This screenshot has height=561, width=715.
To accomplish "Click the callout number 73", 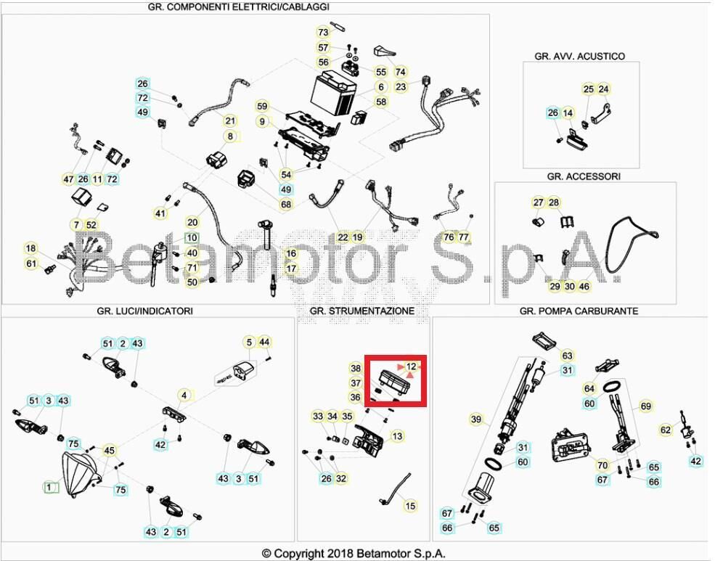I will pos(323,32).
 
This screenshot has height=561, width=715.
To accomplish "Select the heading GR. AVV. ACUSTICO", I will pos(579,56).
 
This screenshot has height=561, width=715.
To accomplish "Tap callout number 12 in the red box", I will pos(411,367).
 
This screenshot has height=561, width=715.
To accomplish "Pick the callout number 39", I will pos(476,419).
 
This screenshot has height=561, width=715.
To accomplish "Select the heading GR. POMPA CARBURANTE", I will pos(579,311).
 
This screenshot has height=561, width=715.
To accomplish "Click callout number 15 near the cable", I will pos(410,506).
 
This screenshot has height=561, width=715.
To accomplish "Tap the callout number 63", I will pos(567,356).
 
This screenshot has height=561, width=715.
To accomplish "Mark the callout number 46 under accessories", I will pos(584,287).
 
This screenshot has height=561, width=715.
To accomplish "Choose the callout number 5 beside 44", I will pos(249,342).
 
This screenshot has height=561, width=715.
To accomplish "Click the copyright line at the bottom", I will pos(354,554).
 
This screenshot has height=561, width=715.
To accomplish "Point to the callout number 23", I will pos(401,86).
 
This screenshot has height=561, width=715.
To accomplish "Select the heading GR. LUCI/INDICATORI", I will pos(144,311).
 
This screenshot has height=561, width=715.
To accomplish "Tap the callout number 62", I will pos(666,430).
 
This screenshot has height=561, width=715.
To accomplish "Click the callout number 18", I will pos(30,248).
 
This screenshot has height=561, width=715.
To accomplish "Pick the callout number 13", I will pos(397,436).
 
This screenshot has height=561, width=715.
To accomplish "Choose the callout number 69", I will pos(645,406).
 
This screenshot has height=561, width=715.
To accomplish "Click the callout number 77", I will pos(464,237).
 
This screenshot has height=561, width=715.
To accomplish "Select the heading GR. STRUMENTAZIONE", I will pos(361,311).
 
